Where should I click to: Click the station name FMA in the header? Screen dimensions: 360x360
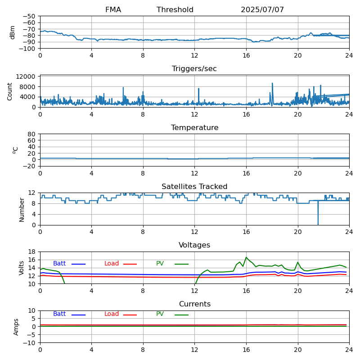113,10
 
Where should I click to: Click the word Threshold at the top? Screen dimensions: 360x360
175,10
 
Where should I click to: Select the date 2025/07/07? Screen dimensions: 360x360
262,10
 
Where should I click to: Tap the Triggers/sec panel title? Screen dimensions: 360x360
194,69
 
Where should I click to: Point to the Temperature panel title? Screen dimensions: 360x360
194,128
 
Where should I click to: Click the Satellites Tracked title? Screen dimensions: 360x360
194,187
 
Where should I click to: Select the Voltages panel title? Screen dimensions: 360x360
194,245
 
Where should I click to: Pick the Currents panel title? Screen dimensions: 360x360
194,304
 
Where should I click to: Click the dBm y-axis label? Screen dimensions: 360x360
13,32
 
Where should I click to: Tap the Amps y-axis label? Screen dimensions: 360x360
16,327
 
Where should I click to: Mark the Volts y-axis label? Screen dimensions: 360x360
22,268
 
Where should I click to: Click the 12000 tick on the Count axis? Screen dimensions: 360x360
27,77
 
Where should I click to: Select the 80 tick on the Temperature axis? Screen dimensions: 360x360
31,134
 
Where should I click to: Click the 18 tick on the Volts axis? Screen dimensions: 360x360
31,252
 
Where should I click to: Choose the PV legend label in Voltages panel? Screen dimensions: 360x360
160,264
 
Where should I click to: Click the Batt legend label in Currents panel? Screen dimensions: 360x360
59,314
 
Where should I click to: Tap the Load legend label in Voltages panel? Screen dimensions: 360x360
112,264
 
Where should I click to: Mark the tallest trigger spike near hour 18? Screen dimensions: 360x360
272,84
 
